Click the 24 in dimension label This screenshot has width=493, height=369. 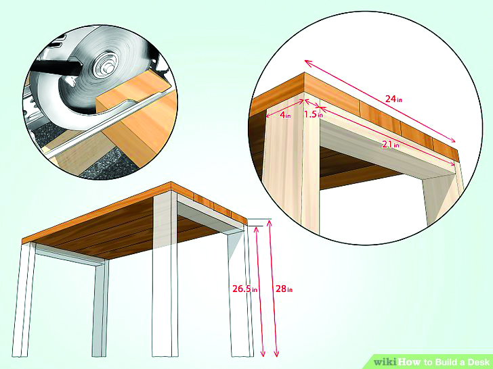pyautogui.click(x=393, y=99)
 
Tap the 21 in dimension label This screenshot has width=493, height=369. pyautogui.click(x=391, y=145)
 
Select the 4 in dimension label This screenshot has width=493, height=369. pyautogui.click(x=285, y=115)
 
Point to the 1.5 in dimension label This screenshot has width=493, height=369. pyautogui.click(x=313, y=114)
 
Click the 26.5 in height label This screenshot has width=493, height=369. pyautogui.click(x=244, y=289)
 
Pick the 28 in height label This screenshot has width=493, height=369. pyautogui.click(x=284, y=289)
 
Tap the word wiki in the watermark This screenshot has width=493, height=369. pyautogui.click(x=386, y=362)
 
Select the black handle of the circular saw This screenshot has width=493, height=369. pyautogui.click(x=55, y=67)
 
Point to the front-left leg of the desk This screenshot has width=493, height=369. pyautogui.click(x=22, y=299)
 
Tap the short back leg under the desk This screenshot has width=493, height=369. pyautogui.click(x=100, y=309)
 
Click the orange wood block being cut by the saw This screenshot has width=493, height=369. pyautogui.click(x=138, y=119)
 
